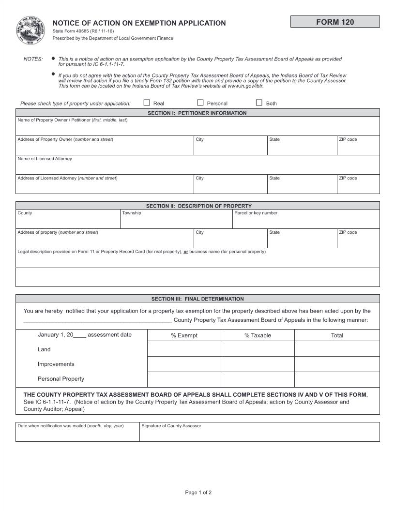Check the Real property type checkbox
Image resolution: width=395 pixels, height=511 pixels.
click(147, 103)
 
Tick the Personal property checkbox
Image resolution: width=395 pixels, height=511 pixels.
click(200, 103)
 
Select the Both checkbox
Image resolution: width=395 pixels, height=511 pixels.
click(259, 103)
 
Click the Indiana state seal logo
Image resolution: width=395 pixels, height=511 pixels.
click(30, 30)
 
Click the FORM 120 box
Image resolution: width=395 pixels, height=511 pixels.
click(335, 22)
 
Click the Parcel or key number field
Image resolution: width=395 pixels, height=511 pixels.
click(306, 221)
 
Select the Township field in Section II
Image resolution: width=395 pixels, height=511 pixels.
click(176, 221)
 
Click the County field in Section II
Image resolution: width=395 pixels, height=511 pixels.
click(68, 221)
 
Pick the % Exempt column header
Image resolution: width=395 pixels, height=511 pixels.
click(184, 335)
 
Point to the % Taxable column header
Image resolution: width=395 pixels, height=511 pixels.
click(258, 335)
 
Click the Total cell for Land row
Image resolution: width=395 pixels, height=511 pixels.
click(337, 349)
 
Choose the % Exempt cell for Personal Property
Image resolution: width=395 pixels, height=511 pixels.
click(184, 379)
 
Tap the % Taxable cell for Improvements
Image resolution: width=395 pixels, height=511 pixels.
click(258, 364)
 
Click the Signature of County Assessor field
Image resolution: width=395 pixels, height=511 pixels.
click(259, 434)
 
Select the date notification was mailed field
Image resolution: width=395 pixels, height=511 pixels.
click(77, 434)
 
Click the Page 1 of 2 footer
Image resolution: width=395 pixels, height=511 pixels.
click(198, 493)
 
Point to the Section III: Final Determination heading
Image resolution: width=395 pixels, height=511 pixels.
click(197, 299)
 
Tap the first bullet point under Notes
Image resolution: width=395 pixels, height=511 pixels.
click(53, 59)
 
